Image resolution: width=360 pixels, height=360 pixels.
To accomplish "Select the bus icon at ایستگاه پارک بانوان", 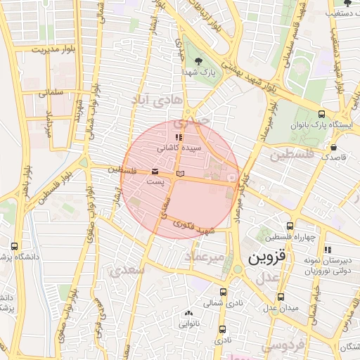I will point(321,114).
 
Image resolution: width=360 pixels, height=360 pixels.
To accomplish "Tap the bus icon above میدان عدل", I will point(281,297).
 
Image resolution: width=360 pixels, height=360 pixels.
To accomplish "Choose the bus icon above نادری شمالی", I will point(224,292).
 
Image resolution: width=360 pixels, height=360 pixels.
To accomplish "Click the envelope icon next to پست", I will point(155,172).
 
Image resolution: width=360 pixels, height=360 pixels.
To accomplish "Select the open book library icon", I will point(181,172).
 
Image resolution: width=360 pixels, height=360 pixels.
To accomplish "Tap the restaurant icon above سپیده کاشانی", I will point(179,137).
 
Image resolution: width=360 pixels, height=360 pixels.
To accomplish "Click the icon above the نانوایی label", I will point(188,314).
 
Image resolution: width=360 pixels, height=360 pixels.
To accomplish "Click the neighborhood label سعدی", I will point(127,269).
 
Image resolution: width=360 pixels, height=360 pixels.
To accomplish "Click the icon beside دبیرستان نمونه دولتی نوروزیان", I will point(328,250).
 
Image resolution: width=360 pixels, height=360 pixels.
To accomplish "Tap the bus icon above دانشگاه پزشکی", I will point(15,246).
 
